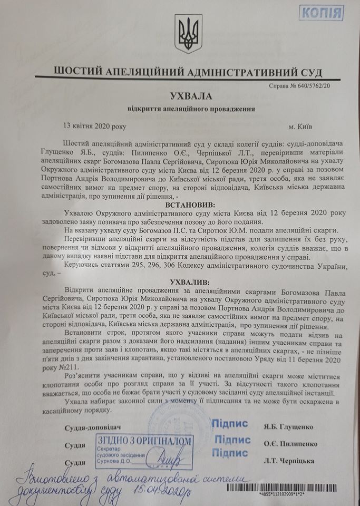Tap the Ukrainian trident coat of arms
[x=184, y=35]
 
